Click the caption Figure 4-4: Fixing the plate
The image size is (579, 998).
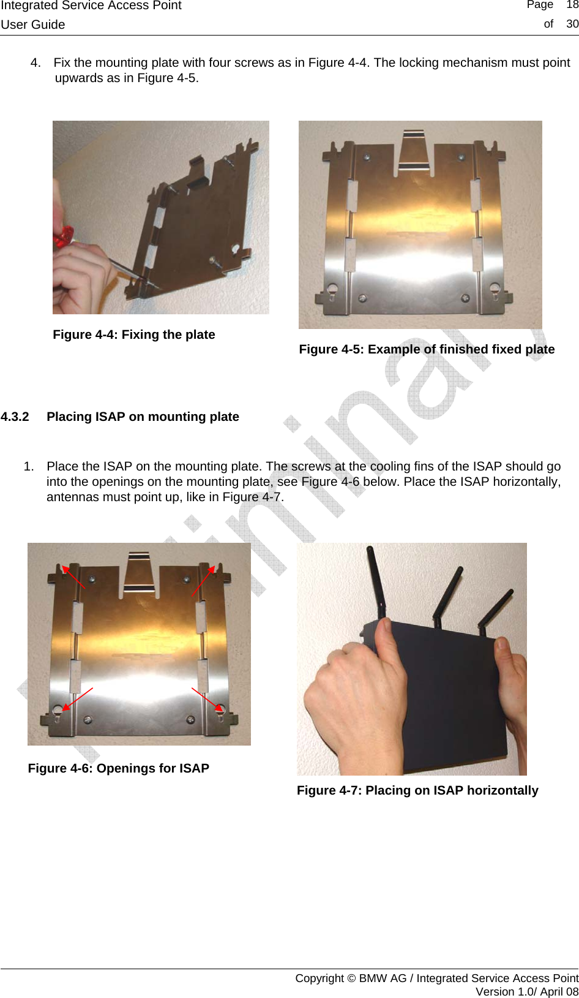pos(133,335)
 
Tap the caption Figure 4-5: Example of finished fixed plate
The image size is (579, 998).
pos(427,349)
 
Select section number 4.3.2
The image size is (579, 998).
pos(15,417)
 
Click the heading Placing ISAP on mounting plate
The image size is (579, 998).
pos(143,417)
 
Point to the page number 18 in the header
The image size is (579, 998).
pos(572,5)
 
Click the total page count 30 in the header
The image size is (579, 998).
pos(572,24)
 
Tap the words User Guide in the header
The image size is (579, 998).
pos(33,25)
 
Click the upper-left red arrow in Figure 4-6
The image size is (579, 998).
pos(73,577)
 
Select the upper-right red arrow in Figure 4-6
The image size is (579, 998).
pos(203,580)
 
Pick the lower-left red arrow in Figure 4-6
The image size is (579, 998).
pos(78,698)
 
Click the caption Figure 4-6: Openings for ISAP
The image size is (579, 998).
pos(118,768)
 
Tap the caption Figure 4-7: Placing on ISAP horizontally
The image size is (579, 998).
pos(417,790)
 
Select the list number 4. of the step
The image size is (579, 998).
pos(35,62)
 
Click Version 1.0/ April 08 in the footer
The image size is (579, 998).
pos(526,991)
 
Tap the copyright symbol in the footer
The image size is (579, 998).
pos(351,978)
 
